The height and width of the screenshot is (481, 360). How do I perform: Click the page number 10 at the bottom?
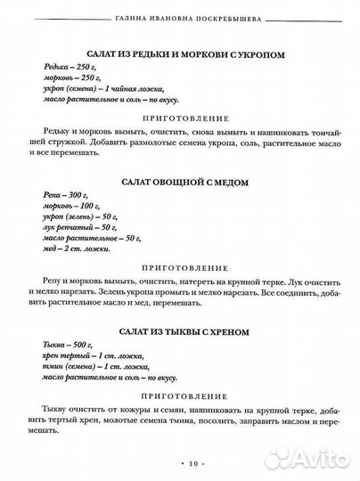182,465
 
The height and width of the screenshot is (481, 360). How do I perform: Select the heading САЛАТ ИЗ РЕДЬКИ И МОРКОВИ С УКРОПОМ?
182,54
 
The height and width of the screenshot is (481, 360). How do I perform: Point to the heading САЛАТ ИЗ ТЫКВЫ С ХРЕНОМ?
182,331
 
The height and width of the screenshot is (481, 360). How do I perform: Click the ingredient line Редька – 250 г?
66,67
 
